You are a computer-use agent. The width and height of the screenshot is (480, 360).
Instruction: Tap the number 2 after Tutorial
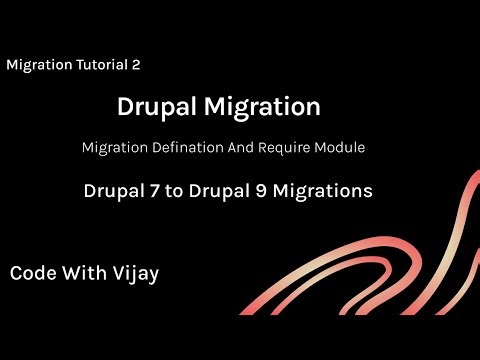point(135,64)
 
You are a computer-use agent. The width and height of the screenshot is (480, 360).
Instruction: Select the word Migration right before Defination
point(115,147)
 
